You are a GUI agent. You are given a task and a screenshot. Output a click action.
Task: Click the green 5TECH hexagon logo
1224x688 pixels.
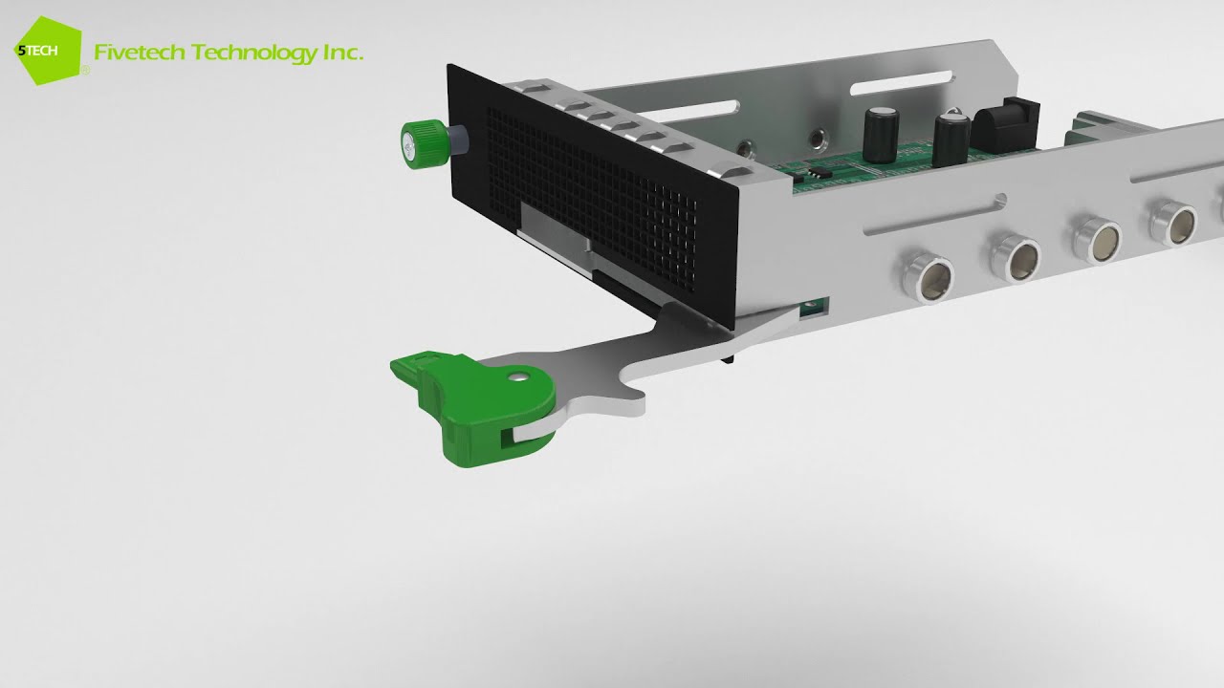pyautogui.click(x=48, y=51)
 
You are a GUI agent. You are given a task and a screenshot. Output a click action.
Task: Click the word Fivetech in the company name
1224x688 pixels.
pyautogui.click(x=140, y=53)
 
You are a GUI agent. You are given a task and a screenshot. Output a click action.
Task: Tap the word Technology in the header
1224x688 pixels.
pyautogui.click(x=254, y=54)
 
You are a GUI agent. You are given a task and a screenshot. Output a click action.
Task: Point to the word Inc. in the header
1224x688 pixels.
pyautogui.click(x=343, y=53)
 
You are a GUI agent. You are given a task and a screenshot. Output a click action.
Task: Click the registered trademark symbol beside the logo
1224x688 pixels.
pyautogui.click(x=86, y=71)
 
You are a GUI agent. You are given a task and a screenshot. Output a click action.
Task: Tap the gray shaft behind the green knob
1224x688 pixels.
pyautogui.click(x=458, y=140)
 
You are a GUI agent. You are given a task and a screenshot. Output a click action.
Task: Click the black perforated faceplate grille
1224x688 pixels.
pyautogui.click(x=590, y=197)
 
